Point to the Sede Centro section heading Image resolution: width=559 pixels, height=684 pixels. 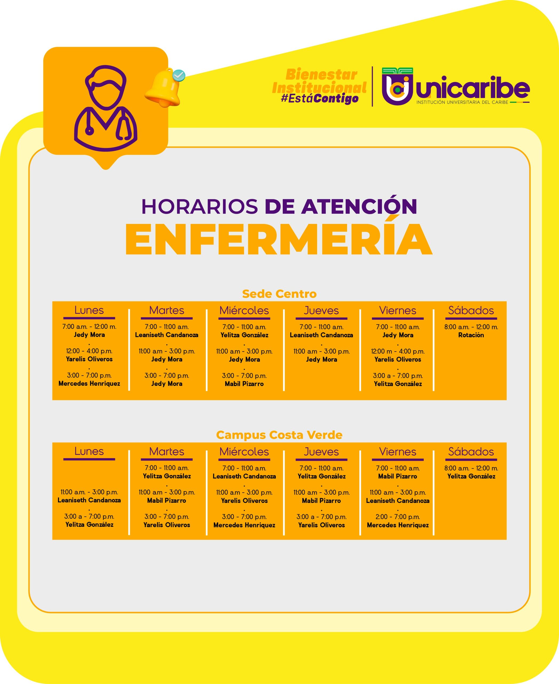point(279,294)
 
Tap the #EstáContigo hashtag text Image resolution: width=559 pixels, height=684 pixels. point(320,98)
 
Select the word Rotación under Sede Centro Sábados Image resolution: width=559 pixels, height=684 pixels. point(471,335)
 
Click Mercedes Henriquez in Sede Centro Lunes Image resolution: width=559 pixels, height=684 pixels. point(89,384)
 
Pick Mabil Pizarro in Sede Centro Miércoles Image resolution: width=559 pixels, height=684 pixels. point(244,384)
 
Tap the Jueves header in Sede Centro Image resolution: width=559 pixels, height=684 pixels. point(321,310)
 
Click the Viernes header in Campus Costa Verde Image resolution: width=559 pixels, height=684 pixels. point(398,452)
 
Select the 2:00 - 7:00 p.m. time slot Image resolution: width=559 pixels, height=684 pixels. point(398,517)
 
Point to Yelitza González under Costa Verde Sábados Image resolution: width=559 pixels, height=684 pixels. point(471,476)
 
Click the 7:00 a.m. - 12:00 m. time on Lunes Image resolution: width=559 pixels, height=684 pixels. point(89,327)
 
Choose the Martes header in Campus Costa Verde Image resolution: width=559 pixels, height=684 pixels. point(167,451)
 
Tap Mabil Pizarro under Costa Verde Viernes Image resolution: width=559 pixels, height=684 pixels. point(398,476)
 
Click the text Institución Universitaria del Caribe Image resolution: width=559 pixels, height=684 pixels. point(462,102)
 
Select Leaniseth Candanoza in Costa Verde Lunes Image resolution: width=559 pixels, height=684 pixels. point(89,500)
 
